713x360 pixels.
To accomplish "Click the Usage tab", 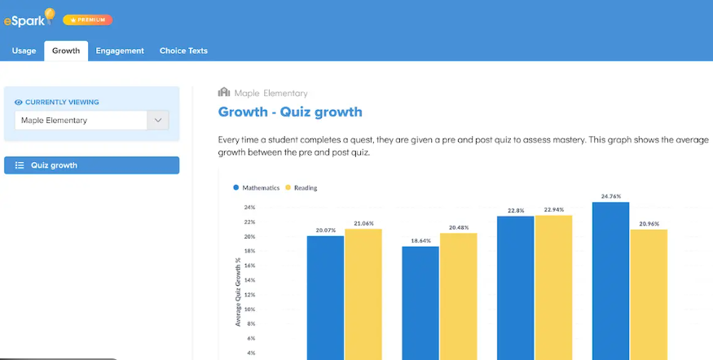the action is pyautogui.click(x=24, y=51).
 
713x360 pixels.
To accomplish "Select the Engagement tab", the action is pyautogui.click(x=120, y=51).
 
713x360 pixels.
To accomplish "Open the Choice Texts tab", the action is pyautogui.click(x=183, y=51).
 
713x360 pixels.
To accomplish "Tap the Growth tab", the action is pyautogui.click(x=66, y=51).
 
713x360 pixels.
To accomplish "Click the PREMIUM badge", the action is pyautogui.click(x=88, y=20).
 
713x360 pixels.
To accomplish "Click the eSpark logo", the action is pyautogui.click(x=29, y=18).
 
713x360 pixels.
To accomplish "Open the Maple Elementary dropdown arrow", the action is pyautogui.click(x=158, y=121).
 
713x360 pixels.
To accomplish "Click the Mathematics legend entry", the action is pyautogui.click(x=256, y=187).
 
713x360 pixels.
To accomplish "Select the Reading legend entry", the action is pyautogui.click(x=301, y=187).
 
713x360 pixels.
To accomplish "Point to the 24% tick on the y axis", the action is pyautogui.click(x=249, y=207).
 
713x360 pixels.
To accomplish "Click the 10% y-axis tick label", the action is pyautogui.click(x=249, y=309).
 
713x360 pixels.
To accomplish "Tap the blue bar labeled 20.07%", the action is pyautogui.click(x=326, y=298).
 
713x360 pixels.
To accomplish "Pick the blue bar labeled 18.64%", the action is pyautogui.click(x=420, y=303).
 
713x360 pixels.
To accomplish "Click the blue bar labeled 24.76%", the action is pyautogui.click(x=610, y=281).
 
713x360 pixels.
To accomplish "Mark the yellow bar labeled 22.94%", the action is pyautogui.click(x=553, y=288).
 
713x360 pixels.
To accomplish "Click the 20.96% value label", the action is pyautogui.click(x=649, y=224).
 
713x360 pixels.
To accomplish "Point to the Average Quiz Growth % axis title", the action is pyautogui.click(x=238, y=292).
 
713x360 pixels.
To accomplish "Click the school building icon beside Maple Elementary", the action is pyautogui.click(x=224, y=92).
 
